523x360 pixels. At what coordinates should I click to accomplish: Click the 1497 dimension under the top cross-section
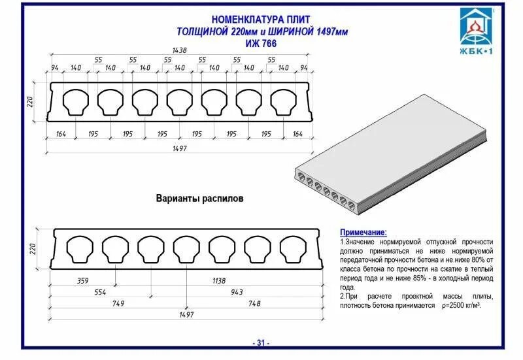pyautogui.click(x=179, y=149)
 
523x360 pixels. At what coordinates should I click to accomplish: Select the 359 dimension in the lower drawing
pyautogui.click(x=83, y=280)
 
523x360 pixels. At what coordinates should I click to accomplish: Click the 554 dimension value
pyautogui.click(x=99, y=291)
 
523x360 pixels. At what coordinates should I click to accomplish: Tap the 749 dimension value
pyautogui.click(x=118, y=303)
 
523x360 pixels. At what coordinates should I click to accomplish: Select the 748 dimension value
pyautogui.click(x=254, y=303)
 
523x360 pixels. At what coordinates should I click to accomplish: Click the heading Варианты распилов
pyautogui.click(x=199, y=198)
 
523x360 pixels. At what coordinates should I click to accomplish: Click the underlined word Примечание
pyautogui.click(x=363, y=233)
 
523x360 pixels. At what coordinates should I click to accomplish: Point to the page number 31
pyautogui.click(x=261, y=343)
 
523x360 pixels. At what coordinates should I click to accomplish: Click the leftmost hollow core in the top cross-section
pyautogui.click(x=75, y=101)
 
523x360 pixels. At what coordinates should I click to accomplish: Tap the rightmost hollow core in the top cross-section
pyautogui.click(x=283, y=101)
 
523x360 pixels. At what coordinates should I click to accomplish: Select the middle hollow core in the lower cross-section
pyautogui.click(x=186, y=248)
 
